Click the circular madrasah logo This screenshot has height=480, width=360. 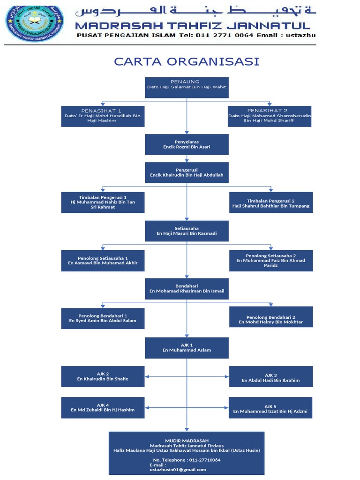tap(34, 23)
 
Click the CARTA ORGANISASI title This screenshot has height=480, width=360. tap(187, 62)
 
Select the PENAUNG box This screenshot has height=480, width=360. tap(187, 87)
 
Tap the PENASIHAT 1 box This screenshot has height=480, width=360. tap(103, 116)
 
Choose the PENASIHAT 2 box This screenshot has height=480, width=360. tap(270, 116)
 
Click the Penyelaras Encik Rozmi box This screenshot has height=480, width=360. tap(187, 144)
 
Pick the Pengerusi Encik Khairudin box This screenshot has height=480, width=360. tap(187, 172)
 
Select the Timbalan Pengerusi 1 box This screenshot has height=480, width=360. tap(103, 202)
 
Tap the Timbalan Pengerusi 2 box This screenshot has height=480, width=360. tap(270, 202)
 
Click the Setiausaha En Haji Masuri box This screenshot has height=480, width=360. tap(187, 231)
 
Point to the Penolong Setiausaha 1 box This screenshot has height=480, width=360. tap(103, 261)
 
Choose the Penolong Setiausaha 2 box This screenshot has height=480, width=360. tap(270, 261)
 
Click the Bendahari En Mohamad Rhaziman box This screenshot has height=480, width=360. tap(187, 289)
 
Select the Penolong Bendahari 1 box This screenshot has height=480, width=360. tap(103, 318)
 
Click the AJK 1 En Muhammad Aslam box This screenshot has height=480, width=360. tap(187, 348)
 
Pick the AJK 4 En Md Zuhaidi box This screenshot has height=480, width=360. tap(103, 407)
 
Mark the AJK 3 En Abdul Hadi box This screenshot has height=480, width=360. tap(270, 377)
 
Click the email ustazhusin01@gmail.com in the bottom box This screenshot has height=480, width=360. tap(178, 469)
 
